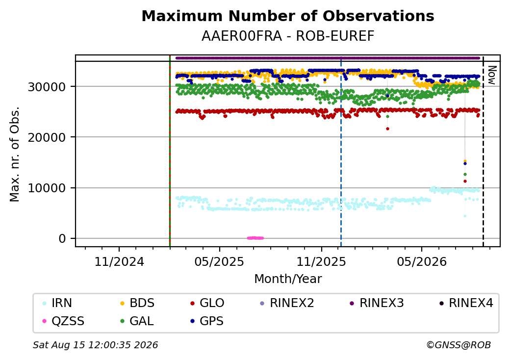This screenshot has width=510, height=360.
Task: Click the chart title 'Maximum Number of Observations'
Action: click(x=288, y=16)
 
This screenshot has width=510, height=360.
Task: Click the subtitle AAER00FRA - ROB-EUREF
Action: click(x=288, y=36)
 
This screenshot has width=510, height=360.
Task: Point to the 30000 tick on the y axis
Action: click(x=47, y=87)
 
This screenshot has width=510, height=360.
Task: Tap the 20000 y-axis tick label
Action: click(x=47, y=137)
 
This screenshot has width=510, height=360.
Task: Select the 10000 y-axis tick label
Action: click(x=47, y=188)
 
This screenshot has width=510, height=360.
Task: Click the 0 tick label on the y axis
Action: click(x=62, y=239)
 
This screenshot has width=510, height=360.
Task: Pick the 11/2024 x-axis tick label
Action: click(x=119, y=262)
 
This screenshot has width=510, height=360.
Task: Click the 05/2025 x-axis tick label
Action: click(x=219, y=262)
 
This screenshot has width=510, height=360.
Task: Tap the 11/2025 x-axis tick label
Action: click(x=321, y=262)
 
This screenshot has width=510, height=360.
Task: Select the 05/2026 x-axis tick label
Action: click(x=422, y=262)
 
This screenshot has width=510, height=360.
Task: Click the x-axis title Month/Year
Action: click(x=288, y=279)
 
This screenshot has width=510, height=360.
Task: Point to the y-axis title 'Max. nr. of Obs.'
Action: click(x=15, y=154)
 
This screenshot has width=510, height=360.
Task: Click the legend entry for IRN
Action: click(x=57, y=303)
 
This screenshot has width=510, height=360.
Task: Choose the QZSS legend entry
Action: click(x=63, y=321)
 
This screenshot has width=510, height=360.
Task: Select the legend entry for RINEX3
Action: click(x=377, y=303)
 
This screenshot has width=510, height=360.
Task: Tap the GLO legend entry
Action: click(x=207, y=303)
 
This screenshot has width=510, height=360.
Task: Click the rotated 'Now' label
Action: click(x=492, y=75)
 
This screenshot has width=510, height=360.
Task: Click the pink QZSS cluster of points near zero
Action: click(x=255, y=238)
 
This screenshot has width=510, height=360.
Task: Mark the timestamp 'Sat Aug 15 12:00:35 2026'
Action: click(x=95, y=345)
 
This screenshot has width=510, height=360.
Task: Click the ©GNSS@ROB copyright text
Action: click(x=459, y=345)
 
